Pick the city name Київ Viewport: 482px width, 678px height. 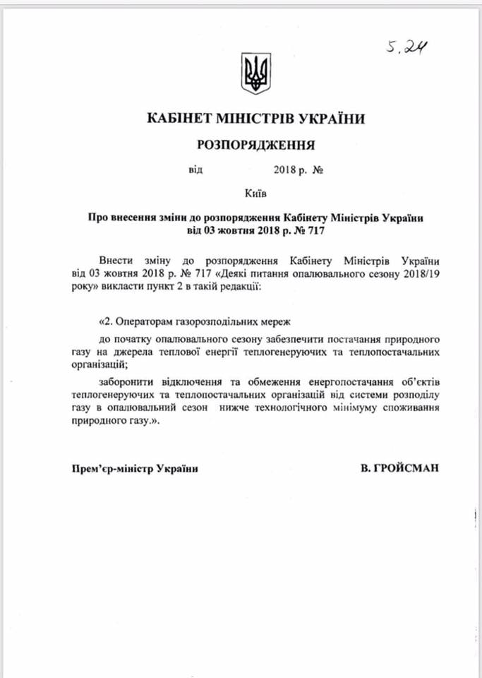[x=255, y=192]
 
